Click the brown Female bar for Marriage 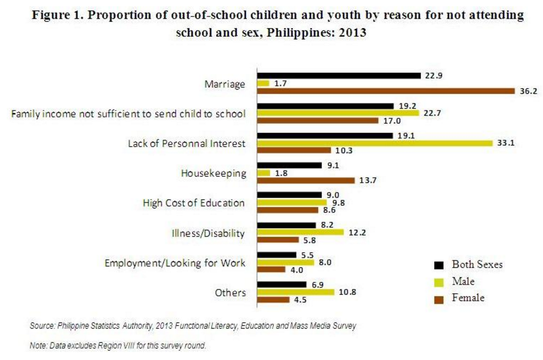click(386, 91)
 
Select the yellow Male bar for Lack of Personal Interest click(375, 143)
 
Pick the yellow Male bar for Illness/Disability click(300, 232)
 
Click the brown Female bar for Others click(273, 299)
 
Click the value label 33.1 click(505, 143)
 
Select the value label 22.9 click(432, 75)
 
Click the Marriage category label click(225, 84)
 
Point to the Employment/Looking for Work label click(176, 263)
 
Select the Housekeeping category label click(213, 173)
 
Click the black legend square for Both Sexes click(438, 265)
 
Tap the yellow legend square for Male click(438, 281)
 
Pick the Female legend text click(468, 298)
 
